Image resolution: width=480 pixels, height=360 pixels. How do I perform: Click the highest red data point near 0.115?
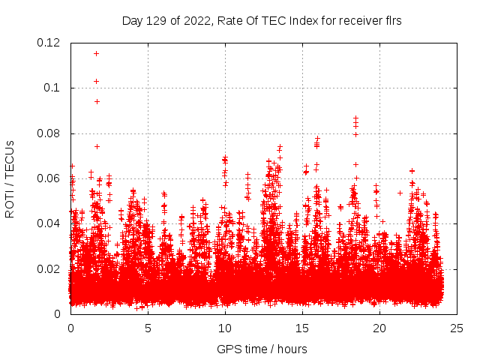[x=96, y=53]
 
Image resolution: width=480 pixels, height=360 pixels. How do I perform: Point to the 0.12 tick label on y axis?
[x=49, y=43]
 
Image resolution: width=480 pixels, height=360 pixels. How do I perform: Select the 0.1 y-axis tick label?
[x=55, y=88]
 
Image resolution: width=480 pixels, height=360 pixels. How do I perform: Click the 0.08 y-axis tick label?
[x=49, y=133]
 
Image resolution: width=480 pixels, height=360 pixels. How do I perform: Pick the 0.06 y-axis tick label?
[x=49, y=178]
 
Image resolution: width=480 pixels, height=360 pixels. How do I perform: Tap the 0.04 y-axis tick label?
[x=49, y=223]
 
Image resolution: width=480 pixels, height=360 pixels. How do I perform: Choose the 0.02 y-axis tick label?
[x=49, y=268]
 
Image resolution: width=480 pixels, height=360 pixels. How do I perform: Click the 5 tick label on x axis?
[x=148, y=328]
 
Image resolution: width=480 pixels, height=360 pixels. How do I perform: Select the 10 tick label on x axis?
[x=225, y=328]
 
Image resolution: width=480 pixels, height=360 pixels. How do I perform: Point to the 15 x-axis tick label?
[x=302, y=328]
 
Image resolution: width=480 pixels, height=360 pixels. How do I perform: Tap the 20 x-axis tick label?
[x=379, y=328]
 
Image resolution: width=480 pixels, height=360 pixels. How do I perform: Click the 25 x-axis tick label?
[x=457, y=328]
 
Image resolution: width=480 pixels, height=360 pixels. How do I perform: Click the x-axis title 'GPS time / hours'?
[x=262, y=349]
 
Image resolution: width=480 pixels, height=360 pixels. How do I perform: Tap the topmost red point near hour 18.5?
[x=355, y=117]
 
